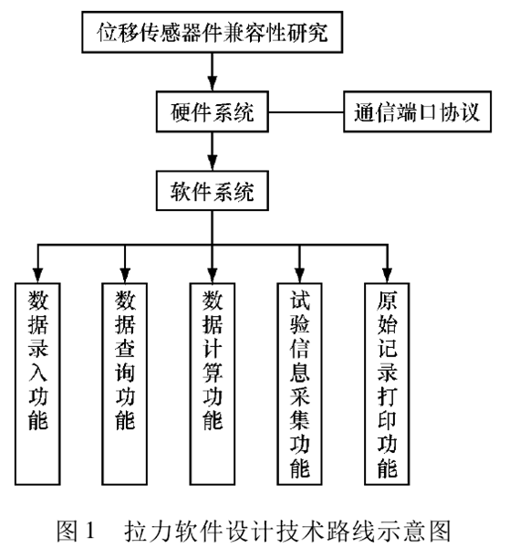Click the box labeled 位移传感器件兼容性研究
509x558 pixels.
coord(212,34)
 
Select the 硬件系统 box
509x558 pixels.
coord(212,114)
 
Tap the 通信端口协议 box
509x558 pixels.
coord(416,115)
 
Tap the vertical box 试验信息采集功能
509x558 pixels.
coord(300,379)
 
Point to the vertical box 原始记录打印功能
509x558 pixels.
coord(387,379)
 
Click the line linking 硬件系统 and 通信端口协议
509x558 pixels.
coord(305,114)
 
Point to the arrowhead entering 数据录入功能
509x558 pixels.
coord(37,273)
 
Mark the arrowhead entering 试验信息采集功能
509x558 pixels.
coord(300,273)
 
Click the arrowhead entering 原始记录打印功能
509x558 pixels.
coord(387,273)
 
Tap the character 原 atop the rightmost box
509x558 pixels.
coord(387,300)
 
